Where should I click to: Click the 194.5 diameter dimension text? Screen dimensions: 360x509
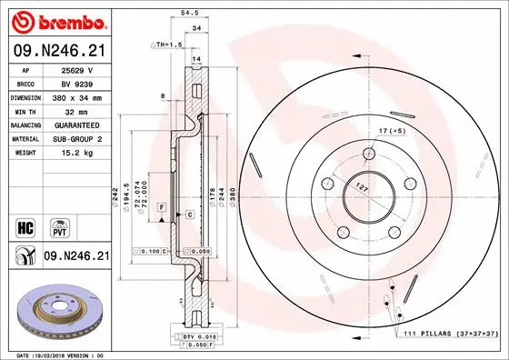tap(125, 192)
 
